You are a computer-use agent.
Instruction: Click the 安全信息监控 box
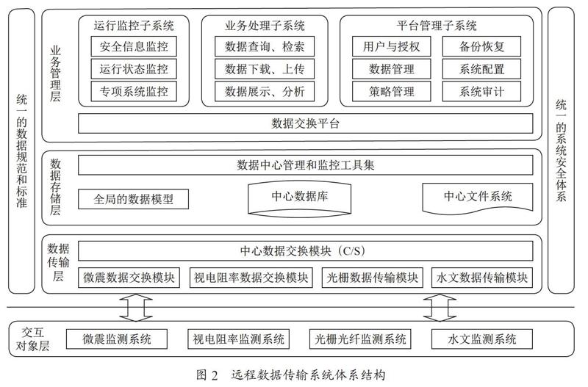tap(134, 46)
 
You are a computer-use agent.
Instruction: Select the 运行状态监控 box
tap(134, 69)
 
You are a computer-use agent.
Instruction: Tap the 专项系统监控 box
tap(134, 91)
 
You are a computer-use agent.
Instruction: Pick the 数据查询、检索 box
tap(265, 46)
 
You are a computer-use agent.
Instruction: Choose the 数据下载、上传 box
tap(265, 69)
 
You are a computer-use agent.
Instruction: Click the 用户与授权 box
tap(392, 46)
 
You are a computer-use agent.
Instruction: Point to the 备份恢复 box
tap(482, 46)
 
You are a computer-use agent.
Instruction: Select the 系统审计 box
tap(482, 91)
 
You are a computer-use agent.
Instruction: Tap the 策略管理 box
tap(392, 91)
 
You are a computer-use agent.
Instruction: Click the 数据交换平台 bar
tap(305, 123)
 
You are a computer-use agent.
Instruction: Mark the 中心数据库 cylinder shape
tap(299, 198)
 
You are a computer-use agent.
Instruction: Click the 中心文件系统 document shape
tap(477, 198)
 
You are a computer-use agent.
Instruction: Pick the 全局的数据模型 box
tap(133, 199)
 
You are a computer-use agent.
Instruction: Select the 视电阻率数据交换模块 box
tap(251, 278)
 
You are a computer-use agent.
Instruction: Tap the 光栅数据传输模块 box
tap(373, 278)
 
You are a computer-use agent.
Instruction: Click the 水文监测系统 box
tap(482, 339)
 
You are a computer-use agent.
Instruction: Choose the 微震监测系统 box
tap(117, 339)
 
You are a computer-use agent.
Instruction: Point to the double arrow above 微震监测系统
tap(136, 308)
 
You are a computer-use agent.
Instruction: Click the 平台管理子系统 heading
tap(437, 26)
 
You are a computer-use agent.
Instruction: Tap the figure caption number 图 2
tap(207, 375)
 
